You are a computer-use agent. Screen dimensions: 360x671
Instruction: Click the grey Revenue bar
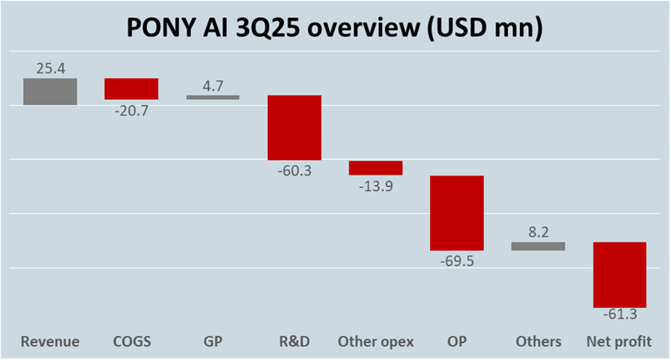point(50,91)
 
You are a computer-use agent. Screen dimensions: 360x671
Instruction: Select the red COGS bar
point(131,88)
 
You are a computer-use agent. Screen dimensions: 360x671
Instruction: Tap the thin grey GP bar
point(213,97)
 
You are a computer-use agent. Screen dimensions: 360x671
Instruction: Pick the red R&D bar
point(295,127)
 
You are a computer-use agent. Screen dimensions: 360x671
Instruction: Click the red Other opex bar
point(375,167)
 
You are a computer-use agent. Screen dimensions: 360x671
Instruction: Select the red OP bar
point(457,212)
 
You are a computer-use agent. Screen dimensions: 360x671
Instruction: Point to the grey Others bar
point(538,246)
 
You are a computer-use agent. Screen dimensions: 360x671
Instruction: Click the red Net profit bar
point(620,274)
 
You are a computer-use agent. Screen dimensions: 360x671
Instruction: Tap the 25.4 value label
point(50,69)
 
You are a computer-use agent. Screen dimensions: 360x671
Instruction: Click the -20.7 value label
point(131,109)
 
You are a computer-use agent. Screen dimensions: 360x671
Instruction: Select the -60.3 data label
point(295,171)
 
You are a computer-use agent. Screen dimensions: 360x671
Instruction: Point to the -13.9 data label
point(375,185)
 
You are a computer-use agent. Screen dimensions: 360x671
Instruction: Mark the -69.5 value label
point(457,261)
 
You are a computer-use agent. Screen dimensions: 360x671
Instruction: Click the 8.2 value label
point(538,232)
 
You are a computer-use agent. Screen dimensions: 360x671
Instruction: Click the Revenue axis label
point(50,341)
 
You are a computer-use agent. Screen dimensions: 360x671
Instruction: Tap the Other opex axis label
point(375,341)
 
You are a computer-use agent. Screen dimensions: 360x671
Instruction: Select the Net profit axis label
point(620,341)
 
